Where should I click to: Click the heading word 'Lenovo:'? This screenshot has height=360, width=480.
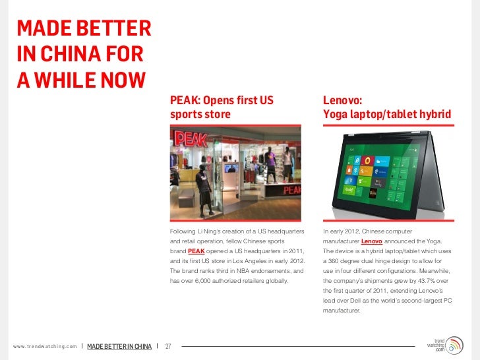tap(342, 102)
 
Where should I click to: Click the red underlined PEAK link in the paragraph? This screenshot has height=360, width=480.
tap(196, 252)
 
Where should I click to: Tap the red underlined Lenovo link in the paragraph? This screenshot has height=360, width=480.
tap(372, 242)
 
